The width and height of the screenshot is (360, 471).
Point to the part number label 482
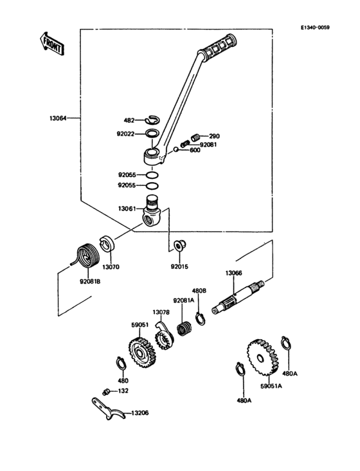(x=129, y=120)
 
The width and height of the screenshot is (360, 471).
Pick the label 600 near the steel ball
(x=195, y=150)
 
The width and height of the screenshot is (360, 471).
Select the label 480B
(x=200, y=290)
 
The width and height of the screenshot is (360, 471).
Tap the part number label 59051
(x=140, y=326)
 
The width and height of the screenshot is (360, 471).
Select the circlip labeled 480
(x=121, y=363)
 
